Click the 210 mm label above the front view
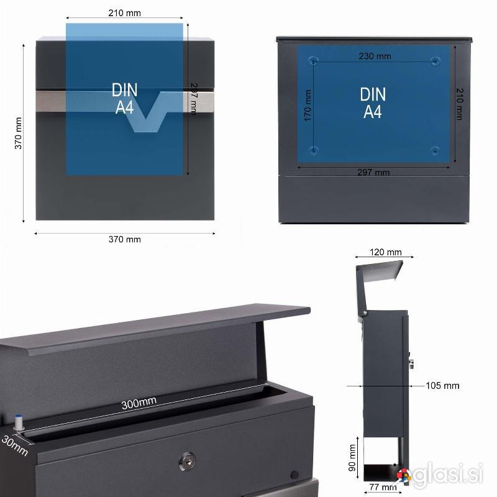point(125,13)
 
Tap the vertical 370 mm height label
point(19,133)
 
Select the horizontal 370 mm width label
point(125,239)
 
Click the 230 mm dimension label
point(375,56)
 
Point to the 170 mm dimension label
point(308,105)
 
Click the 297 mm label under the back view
point(373,173)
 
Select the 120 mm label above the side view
point(385,252)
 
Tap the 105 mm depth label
point(442,386)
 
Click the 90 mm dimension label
point(352,458)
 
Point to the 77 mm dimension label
point(383,487)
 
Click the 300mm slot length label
point(139,403)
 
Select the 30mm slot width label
point(14,445)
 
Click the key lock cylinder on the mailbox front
point(187,461)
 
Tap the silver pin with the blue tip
point(19,422)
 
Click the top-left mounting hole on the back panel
point(314,60)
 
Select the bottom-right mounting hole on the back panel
point(435,150)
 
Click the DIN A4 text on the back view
point(373,103)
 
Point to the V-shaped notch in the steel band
point(147,112)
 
